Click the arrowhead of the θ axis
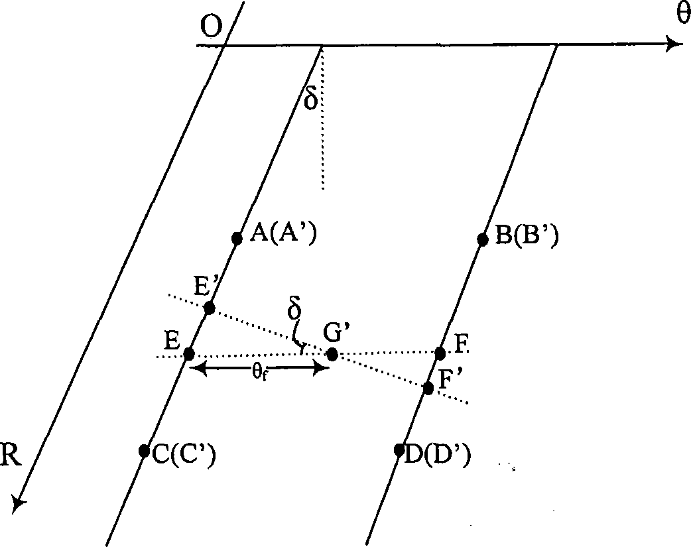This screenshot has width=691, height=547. (x=675, y=44)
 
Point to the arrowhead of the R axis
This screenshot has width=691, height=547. (x=19, y=503)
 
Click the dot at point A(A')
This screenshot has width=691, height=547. (x=237, y=239)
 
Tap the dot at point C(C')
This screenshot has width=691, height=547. (x=144, y=451)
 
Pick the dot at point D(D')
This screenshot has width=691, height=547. (x=399, y=450)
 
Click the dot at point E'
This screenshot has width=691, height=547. (x=209, y=308)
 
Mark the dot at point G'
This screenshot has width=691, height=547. (x=332, y=354)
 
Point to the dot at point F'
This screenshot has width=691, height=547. (x=428, y=387)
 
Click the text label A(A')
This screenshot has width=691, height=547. (x=279, y=233)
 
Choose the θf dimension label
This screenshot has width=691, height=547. (x=260, y=373)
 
